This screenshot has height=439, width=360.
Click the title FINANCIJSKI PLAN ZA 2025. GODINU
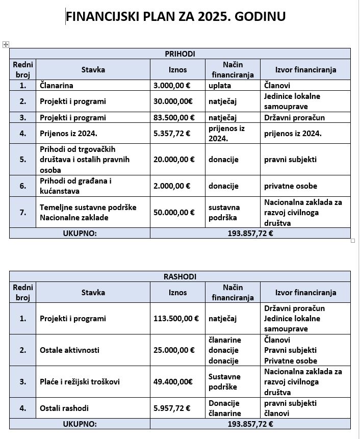tap(175, 17)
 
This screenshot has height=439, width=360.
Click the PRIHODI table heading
tap(179, 54)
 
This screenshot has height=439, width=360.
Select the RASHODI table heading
tap(179, 277)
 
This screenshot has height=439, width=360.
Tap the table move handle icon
tap(6, 45)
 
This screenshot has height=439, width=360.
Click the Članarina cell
tap(57, 86)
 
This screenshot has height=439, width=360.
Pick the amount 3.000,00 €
tap(174, 86)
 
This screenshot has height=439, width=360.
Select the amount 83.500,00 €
tap(174, 118)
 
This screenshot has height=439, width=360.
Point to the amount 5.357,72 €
tap(171, 134)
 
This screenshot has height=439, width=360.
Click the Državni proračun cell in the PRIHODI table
tap(294, 118)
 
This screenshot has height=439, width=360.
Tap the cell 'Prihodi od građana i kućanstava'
tap(75, 186)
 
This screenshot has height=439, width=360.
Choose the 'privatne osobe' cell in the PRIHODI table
tap(290, 186)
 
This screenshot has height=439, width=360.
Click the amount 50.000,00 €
tap(174, 213)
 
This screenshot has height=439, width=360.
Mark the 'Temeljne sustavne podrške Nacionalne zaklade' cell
tap(88, 213)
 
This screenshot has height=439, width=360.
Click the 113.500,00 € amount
tap(176, 319)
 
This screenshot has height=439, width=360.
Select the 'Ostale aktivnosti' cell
tap(69, 350)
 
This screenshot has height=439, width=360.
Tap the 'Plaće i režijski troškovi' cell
tap(80, 381)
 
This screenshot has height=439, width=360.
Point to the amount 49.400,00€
tap(173, 381)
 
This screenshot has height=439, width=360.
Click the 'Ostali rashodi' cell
tap(64, 408)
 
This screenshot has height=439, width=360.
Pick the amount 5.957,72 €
tap(171, 408)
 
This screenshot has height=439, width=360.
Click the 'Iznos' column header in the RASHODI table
tap(177, 293)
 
